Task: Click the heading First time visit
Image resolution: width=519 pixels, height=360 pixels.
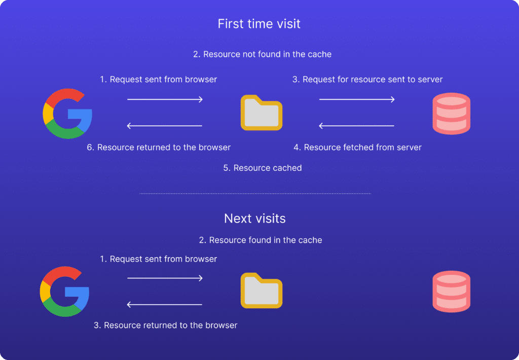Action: (259, 24)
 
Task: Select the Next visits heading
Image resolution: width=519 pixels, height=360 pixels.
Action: (254, 219)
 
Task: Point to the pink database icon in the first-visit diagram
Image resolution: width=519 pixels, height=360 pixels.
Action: (452, 114)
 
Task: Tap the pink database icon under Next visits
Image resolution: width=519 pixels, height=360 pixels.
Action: (452, 292)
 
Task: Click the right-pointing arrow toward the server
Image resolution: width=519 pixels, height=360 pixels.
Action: (357, 99)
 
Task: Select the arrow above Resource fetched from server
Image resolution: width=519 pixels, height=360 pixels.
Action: (356, 126)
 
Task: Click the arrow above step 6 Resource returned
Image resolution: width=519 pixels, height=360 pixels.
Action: (165, 126)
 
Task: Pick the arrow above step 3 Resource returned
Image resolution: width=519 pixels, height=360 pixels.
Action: (165, 305)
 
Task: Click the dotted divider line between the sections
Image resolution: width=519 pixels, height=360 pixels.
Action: (255, 193)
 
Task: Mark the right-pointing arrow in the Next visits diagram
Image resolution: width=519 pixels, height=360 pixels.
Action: (165, 278)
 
